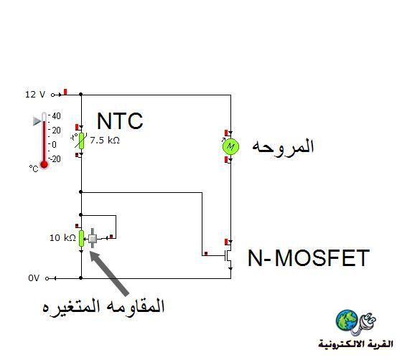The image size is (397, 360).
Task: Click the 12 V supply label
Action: pos(35,95)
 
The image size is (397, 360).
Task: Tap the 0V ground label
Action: pos(34,278)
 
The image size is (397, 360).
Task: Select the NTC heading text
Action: pos(120,121)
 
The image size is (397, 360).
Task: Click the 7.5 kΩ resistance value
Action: pos(105,140)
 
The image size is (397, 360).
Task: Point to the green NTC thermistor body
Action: pos(81,141)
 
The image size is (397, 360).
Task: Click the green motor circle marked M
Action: pos(230,146)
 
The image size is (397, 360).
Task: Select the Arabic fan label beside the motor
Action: pos(283,146)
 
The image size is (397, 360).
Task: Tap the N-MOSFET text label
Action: pos(309,257)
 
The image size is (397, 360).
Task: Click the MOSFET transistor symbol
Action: pos(228,255)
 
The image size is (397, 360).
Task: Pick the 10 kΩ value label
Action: pos(62,238)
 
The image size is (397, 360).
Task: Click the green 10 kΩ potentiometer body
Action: pos(81,238)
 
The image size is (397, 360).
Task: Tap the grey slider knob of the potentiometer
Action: pos(93,238)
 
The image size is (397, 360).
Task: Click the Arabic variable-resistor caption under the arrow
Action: pos(103,306)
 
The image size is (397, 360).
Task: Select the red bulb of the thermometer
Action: pos(45,165)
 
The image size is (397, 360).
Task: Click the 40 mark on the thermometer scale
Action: pos(56,116)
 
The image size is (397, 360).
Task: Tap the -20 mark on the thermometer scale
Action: pos(55,159)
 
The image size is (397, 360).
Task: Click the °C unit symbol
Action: pos(34,169)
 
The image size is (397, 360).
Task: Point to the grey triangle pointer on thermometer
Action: pos(37,121)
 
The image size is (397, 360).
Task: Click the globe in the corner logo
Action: pos(347,320)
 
